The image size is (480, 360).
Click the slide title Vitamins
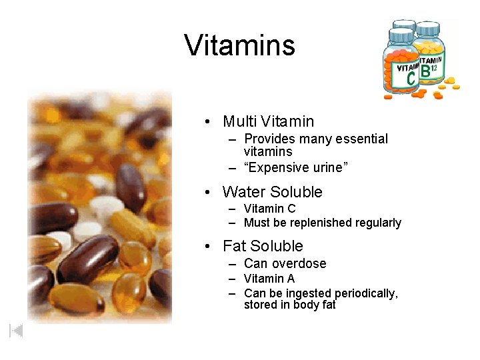[x=239, y=45]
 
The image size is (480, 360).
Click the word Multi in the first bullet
[x=240, y=121]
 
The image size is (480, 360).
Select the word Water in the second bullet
[x=244, y=192]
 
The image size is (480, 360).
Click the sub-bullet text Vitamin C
[x=270, y=208]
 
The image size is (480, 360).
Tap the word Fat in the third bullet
[x=234, y=246]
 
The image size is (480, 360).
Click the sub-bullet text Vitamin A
[x=269, y=278]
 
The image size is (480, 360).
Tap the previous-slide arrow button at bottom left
[x=16, y=330]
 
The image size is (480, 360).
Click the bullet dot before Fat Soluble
[x=209, y=247]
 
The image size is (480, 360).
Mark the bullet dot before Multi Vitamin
[x=209, y=122]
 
